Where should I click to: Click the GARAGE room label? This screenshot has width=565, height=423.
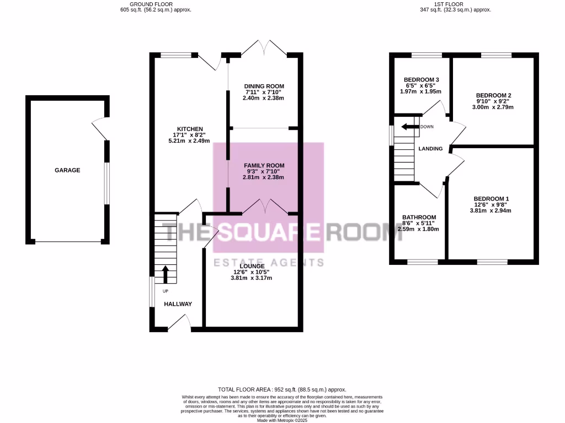click(67, 170)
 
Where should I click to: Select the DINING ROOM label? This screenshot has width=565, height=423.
click(264, 86)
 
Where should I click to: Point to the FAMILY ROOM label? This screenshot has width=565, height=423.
click(264, 165)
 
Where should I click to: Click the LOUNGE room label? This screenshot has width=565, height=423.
click(251, 266)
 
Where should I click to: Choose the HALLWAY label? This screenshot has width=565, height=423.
click(178, 304)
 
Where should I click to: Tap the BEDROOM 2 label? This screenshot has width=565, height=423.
click(494, 95)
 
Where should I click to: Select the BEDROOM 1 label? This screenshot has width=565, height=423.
click(491, 199)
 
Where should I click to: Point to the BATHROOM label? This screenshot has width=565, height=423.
click(419, 217)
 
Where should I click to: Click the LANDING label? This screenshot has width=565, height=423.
click(430, 148)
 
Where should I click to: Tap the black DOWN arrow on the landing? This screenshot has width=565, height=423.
click(409, 127)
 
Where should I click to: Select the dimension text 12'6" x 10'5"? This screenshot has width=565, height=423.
click(251, 272)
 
